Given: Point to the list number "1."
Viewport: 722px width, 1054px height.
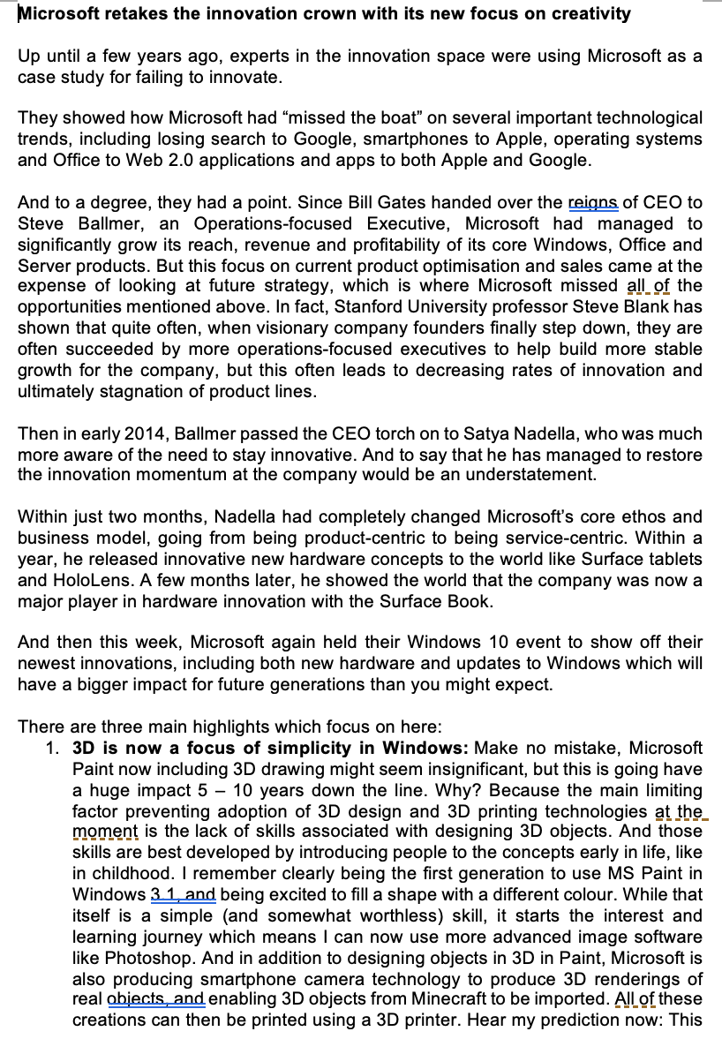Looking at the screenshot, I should point(53,749).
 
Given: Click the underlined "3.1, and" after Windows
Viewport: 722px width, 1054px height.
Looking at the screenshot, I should point(183,894).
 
